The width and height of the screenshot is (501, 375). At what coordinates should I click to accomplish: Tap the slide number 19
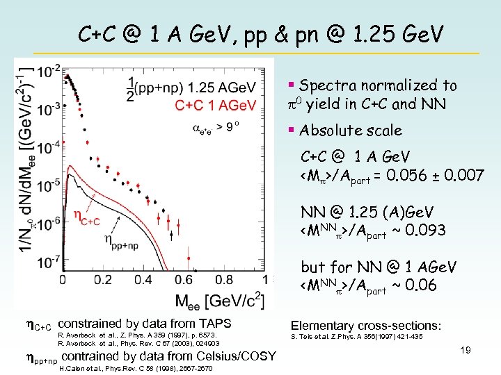click(465, 350)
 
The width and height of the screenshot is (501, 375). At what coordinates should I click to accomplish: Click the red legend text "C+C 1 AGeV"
click(216, 105)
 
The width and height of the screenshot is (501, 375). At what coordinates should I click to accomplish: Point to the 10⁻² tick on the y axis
click(48, 71)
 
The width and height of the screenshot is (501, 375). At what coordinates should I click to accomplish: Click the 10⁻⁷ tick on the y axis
click(48, 262)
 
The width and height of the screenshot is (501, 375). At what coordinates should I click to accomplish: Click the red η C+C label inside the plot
click(88, 216)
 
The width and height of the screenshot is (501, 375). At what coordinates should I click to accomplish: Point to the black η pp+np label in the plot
click(130, 240)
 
